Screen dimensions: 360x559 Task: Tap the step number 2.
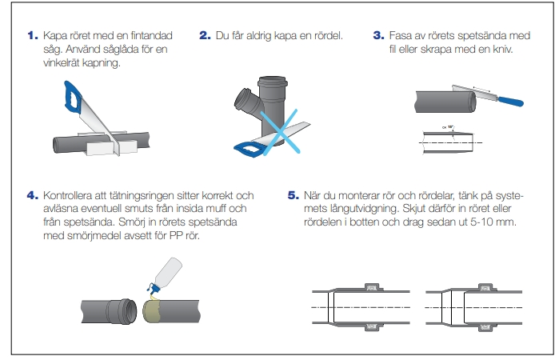(x=206, y=36)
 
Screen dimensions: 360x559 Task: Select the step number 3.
(x=379, y=36)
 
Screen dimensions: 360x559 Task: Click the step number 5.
(x=293, y=194)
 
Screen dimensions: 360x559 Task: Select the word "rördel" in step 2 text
(x=322, y=36)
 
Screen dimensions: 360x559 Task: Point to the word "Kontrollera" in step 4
(x=73, y=194)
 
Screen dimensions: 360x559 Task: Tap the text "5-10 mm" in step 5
(x=499, y=220)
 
